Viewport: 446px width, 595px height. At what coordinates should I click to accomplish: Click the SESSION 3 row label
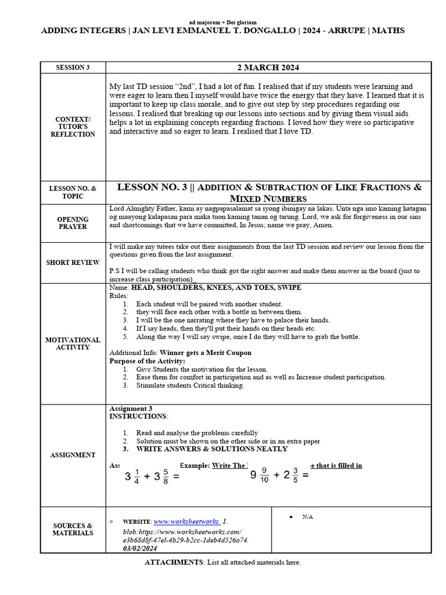(x=73, y=67)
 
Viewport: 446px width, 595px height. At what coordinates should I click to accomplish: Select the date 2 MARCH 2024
(x=268, y=67)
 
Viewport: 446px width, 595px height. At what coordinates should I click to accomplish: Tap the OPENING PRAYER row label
(x=73, y=223)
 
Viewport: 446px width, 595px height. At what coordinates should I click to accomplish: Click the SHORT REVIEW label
(x=73, y=263)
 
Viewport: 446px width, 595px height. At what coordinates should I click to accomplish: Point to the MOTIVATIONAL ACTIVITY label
(x=73, y=343)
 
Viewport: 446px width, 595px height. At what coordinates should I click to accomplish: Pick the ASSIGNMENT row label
(x=73, y=455)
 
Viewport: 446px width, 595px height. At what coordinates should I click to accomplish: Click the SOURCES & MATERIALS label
(x=73, y=529)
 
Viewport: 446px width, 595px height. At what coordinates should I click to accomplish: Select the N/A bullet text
(x=307, y=517)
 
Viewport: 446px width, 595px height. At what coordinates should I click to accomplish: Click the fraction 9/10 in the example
(x=264, y=475)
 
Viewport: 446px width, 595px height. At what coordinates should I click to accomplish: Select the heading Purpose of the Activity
(x=147, y=361)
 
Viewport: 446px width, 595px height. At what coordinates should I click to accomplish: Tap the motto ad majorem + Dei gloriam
(x=223, y=21)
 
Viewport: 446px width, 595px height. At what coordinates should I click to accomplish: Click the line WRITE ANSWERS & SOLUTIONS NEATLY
(x=211, y=449)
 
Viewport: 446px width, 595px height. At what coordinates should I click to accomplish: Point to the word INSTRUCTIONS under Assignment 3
(x=138, y=417)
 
